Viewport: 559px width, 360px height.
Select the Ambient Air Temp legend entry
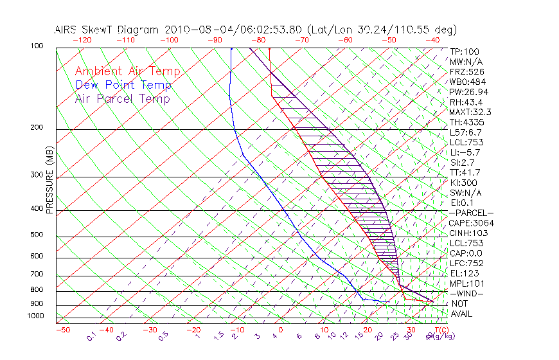coord(128,72)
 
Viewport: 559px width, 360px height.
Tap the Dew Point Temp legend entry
coord(123,85)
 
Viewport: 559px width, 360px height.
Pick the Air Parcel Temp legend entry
coord(123,99)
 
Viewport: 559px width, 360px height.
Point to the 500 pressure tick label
coord(37,235)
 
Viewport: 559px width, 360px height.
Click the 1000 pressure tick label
coord(35,316)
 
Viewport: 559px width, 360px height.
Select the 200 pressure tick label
coord(37,128)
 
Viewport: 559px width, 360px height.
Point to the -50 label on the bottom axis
coord(62,330)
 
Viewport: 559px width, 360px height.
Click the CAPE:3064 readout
coord(472,223)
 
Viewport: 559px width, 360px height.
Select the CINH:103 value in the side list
coord(469,233)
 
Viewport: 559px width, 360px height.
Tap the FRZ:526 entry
coord(466,71)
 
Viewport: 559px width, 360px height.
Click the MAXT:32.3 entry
coord(470,112)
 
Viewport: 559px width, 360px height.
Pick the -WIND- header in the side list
coord(466,293)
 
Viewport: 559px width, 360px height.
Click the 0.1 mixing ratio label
coord(92,335)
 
